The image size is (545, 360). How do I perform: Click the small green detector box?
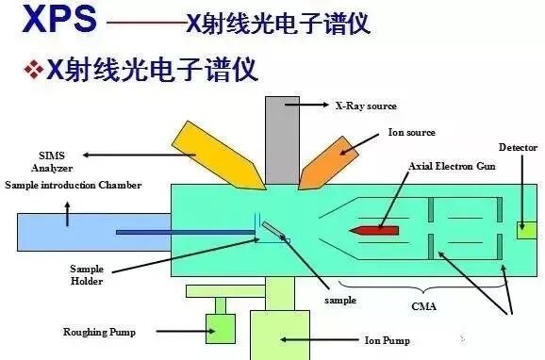tap(526, 228)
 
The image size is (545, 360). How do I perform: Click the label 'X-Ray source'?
tap(367, 106)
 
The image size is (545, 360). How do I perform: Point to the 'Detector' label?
tap(517, 148)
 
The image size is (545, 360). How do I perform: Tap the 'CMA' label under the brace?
tap(423, 306)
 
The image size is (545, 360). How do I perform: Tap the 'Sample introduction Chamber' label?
tap(73, 186)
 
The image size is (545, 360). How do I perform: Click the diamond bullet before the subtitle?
tap(33, 69)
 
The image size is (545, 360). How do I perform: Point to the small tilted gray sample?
tap(272, 230)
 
